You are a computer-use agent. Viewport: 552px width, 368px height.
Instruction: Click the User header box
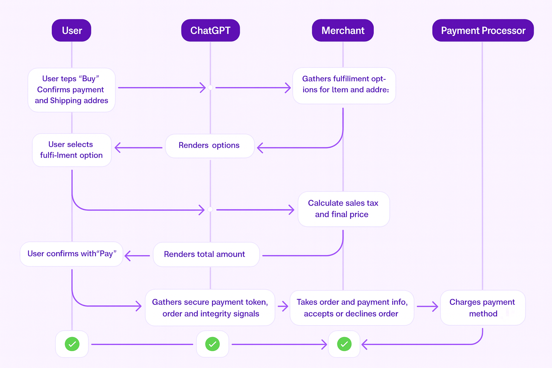[72, 31]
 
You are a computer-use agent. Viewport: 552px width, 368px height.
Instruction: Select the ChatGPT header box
[210, 31]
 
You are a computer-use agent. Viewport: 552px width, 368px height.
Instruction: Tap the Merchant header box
[343, 31]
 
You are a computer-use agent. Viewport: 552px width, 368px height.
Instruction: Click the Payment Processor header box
[483, 31]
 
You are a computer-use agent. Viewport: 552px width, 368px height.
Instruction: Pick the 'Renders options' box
[210, 146]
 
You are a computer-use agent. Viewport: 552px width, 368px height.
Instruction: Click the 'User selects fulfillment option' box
[72, 150]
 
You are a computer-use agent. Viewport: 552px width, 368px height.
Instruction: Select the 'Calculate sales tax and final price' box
[344, 209]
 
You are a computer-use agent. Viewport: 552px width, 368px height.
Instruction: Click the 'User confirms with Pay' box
[72, 254]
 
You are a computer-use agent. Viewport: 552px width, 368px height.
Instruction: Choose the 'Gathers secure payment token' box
[210, 308]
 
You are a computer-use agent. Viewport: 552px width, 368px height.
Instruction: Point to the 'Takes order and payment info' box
[352, 308]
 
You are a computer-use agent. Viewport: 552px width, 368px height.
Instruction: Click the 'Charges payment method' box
[483, 308]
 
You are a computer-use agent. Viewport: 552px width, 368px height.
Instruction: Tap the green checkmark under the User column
[72, 344]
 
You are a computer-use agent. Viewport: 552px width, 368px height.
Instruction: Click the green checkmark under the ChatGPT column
[212, 344]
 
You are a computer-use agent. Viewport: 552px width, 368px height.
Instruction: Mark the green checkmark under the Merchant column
[344, 344]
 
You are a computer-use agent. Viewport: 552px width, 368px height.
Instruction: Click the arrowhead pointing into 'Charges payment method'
[435, 307]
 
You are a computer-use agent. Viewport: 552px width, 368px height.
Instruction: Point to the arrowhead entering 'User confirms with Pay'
[128, 256]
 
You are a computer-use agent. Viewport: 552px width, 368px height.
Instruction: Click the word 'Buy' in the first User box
[89, 79]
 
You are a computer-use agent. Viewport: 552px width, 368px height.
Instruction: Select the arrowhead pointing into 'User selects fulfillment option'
[118, 148]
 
